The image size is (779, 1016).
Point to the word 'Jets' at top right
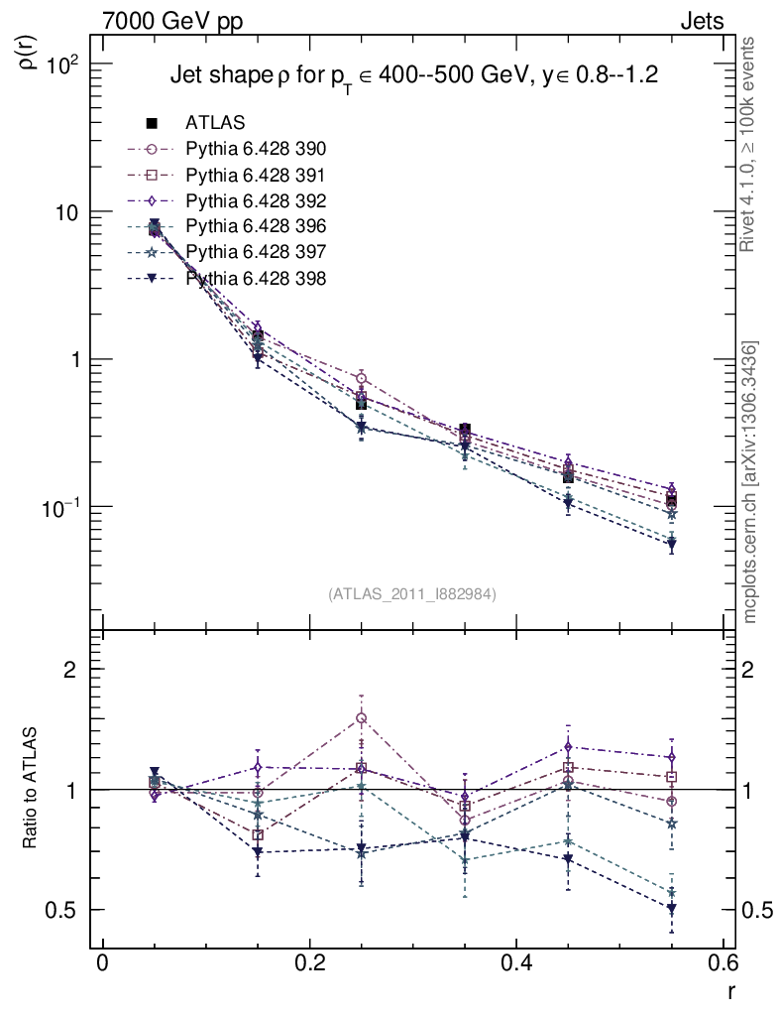coord(701,21)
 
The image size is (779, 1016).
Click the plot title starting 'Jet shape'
coord(414,75)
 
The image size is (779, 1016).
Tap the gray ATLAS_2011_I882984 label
coord(412,593)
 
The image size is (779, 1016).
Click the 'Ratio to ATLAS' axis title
coord(31,789)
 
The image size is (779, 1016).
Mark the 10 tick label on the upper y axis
coord(71,212)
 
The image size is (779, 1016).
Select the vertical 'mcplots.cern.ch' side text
coord(751,482)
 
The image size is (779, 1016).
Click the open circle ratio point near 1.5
coord(362,718)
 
